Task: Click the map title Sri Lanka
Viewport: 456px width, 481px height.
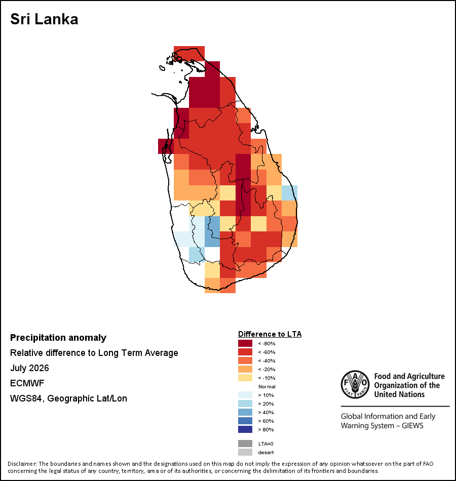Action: pyautogui.click(x=44, y=19)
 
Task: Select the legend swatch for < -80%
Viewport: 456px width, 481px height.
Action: pyautogui.click(x=245, y=343)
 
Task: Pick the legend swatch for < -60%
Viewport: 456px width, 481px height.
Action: pyautogui.click(x=245, y=352)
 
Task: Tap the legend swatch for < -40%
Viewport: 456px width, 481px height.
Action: pyautogui.click(x=245, y=360)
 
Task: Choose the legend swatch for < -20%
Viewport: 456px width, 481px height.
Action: pyautogui.click(x=245, y=369)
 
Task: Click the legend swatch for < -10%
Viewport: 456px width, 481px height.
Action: pyautogui.click(x=245, y=378)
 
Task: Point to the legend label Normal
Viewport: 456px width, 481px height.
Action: pyautogui.click(x=267, y=386)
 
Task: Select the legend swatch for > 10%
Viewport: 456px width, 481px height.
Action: pyautogui.click(x=245, y=395)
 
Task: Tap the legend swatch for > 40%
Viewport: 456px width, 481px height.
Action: pyautogui.click(x=245, y=412)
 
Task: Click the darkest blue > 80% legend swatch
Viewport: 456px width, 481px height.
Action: pyautogui.click(x=245, y=429)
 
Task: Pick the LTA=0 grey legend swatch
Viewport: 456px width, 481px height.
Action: pyautogui.click(x=245, y=444)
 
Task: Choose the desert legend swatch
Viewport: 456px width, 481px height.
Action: pyautogui.click(x=245, y=452)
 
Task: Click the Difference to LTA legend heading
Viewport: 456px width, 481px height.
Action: pyautogui.click(x=270, y=334)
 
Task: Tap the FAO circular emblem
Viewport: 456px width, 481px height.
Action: pyautogui.click(x=355, y=384)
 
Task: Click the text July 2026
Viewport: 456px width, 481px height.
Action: pyautogui.click(x=29, y=368)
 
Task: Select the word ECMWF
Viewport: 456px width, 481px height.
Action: pyautogui.click(x=27, y=383)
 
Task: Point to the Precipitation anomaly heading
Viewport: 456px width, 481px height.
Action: pyautogui.click(x=58, y=338)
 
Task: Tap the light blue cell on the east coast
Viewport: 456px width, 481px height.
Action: pyautogui.click(x=289, y=193)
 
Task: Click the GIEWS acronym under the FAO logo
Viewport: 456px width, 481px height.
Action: pyautogui.click(x=412, y=426)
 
